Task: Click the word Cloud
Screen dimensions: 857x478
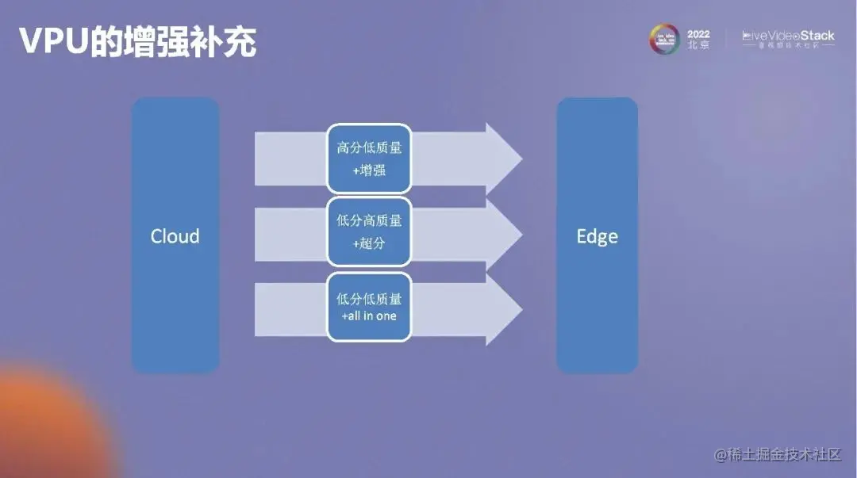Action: tap(175, 236)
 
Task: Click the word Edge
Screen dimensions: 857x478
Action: tap(597, 236)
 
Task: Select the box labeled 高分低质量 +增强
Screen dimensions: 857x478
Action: tap(369, 159)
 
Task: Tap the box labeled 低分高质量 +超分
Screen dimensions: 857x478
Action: tap(369, 232)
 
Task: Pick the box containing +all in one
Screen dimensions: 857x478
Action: tap(369, 307)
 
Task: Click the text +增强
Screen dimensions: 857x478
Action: tap(369, 170)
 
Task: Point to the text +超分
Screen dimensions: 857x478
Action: tap(369, 243)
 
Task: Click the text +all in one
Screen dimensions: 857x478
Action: tap(369, 316)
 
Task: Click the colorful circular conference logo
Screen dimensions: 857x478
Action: tap(665, 39)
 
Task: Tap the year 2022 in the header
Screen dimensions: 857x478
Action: tap(698, 34)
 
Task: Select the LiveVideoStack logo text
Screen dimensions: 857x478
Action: tap(788, 36)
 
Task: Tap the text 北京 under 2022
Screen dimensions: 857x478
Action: tap(698, 46)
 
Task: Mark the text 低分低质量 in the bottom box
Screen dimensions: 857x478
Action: tap(369, 299)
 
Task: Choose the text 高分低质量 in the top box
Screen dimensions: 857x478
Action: tap(369, 147)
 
